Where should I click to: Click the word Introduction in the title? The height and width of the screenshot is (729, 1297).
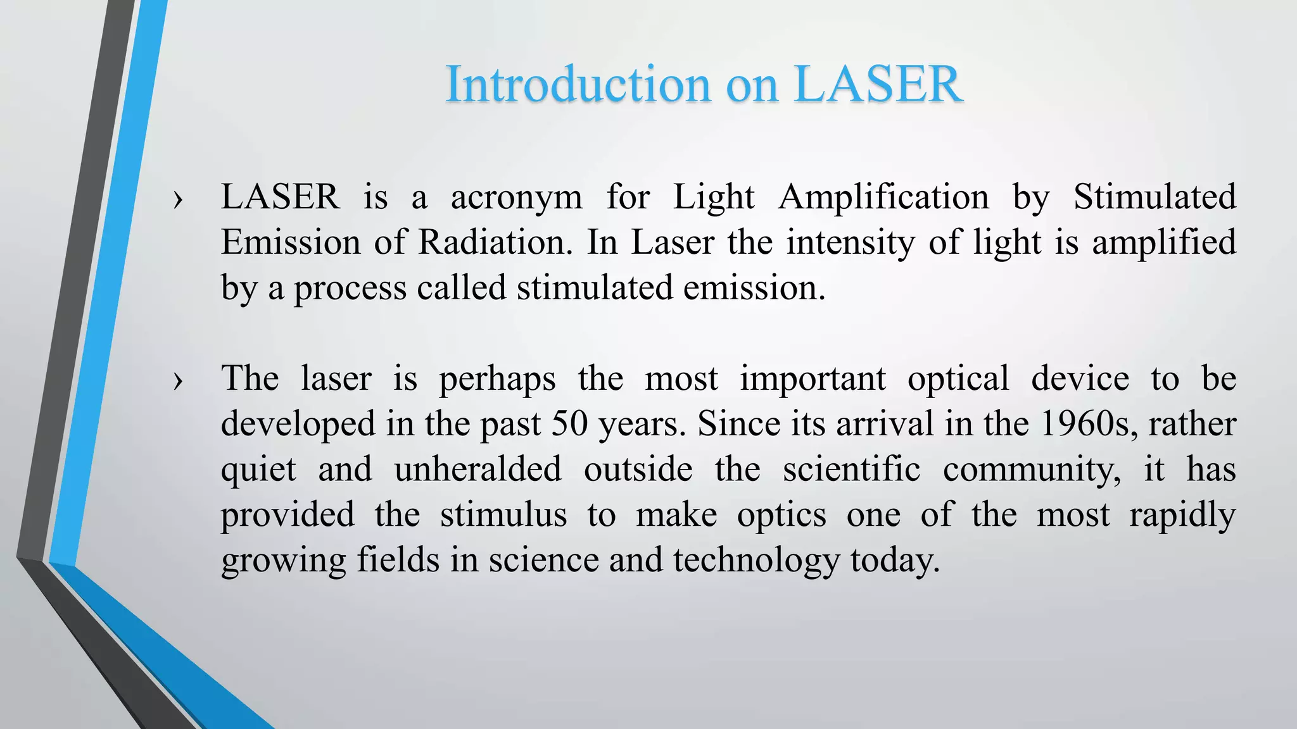578,84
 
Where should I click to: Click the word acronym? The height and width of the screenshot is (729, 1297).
516,197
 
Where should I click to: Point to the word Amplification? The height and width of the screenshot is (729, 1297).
883,197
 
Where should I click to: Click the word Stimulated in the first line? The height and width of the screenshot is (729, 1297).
1154,196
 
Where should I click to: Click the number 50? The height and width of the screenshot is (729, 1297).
570,424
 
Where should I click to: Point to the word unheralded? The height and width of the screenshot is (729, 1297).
478,470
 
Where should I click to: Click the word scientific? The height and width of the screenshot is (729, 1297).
851,470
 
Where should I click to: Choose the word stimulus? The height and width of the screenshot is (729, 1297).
503,514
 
